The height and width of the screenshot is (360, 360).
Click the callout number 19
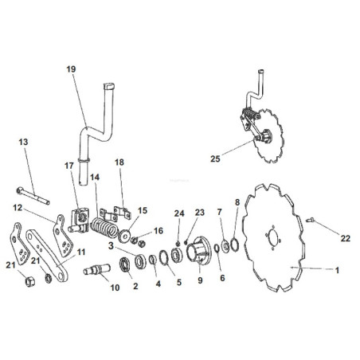71,69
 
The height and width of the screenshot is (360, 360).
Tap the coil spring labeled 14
104,228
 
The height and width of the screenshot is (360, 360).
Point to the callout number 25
215,158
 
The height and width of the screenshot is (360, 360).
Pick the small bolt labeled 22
310,220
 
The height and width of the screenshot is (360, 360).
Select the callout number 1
337,270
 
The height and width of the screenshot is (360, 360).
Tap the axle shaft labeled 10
97,268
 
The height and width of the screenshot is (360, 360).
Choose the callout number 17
69,166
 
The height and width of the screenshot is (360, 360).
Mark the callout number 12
18,208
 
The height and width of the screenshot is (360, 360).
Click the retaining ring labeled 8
234,245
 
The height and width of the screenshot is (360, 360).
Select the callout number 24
179,213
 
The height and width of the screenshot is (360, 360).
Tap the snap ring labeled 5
164,257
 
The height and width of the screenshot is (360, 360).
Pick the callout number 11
81,252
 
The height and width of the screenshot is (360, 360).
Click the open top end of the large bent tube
109,86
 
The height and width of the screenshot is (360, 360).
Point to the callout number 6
222,278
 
